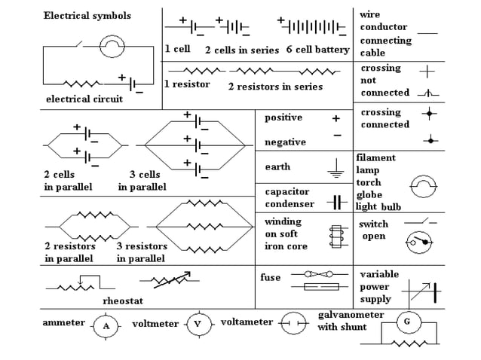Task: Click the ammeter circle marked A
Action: point(106,325)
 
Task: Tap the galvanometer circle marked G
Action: point(407,322)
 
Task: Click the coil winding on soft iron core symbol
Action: point(335,236)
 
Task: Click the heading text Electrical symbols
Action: point(87,15)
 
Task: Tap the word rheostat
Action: point(123,301)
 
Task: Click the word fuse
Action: point(270,277)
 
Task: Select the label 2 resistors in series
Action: point(275,87)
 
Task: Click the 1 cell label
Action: point(178,49)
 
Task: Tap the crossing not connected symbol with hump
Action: point(427,94)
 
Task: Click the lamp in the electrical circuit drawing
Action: point(112,48)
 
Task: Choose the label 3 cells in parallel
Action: point(142,181)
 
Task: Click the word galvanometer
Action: point(351,314)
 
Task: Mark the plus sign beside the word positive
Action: point(335,118)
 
